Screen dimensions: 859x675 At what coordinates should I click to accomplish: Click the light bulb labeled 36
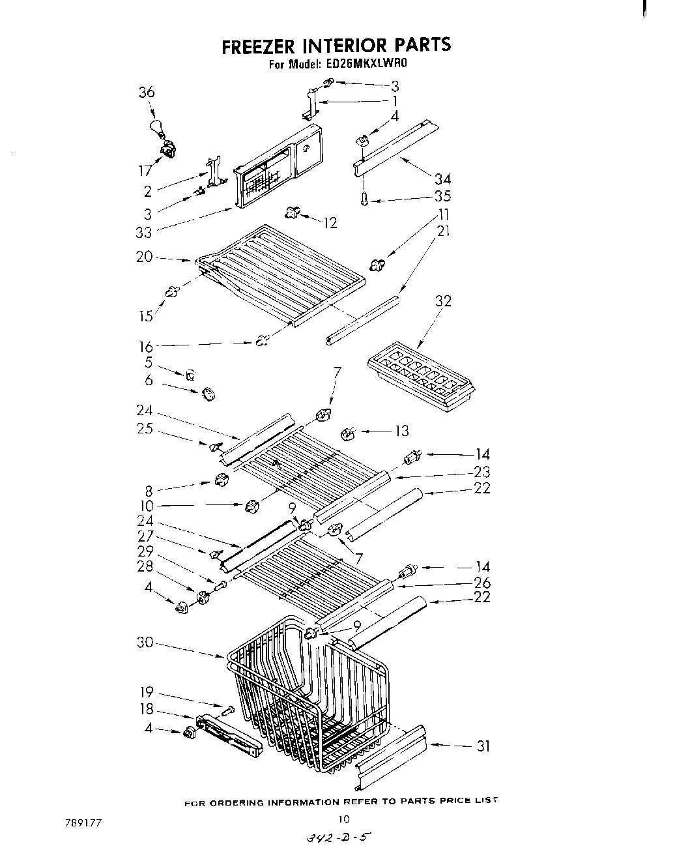click(157, 127)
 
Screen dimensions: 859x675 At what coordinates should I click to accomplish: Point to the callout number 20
click(144, 257)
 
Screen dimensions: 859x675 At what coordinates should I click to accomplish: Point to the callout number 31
click(483, 746)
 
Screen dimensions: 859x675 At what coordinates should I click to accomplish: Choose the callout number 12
click(330, 223)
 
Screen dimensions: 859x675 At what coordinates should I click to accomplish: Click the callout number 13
click(401, 431)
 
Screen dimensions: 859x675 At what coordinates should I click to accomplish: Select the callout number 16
click(145, 346)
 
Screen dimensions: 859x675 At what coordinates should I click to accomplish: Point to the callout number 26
click(483, 583)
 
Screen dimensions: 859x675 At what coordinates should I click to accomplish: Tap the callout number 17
click(145, 171)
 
